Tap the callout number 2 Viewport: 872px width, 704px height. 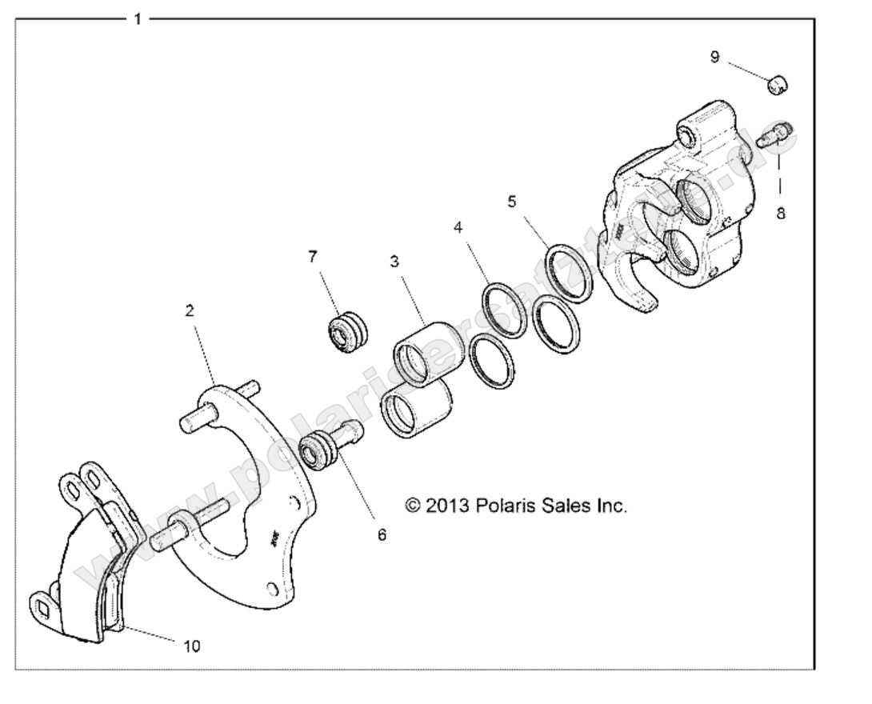[x=190, y=310]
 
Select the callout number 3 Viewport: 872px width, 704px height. [x=395, y=261]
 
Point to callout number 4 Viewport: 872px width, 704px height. [x=458, y=227]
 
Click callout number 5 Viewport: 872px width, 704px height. [x=512, y=200]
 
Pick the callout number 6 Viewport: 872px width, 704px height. [x=382, y=534]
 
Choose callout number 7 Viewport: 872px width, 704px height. [x=313, y=256]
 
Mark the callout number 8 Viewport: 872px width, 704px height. [x=780, y=214]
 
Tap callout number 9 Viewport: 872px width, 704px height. [x=714, y=57]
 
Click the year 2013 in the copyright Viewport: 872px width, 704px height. [x=448, y=506]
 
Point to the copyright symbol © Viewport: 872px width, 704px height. [x=414, y=506]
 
